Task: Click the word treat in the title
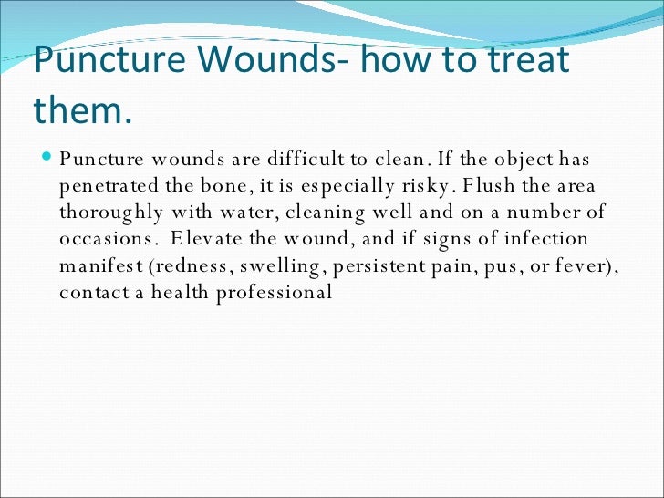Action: click(x=523, y=61)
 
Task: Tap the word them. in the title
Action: click(x=83, y=109)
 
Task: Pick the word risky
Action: click(x=420, y=188)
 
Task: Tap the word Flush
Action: click(x=488, y=188)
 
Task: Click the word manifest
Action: click(x=98, y=267)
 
